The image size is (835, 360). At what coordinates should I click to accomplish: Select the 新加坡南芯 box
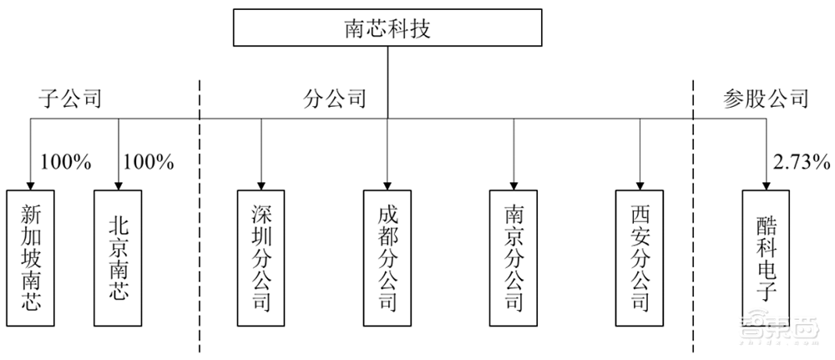[x=30, y=257]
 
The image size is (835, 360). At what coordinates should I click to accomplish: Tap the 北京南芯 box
[x=119, y=257]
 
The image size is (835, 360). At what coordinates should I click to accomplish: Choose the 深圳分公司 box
[x=261, y=257]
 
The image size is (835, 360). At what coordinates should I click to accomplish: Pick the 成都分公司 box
[x=387, y=257]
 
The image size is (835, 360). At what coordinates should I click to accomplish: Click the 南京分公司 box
[x=514, y=257]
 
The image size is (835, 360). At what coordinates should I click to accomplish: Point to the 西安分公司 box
[x=640, y=257]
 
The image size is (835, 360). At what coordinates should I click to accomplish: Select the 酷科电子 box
[x=766, y=257]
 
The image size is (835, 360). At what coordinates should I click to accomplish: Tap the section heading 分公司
[x=334, y=99]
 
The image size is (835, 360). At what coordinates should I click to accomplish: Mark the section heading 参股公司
[x=765, y=99]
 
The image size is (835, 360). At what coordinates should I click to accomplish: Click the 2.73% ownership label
[x=799, y=161]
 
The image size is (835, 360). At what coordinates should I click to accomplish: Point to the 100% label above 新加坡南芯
[x=64, y=161]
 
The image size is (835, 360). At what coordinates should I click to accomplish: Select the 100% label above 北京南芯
[x=148, y=161]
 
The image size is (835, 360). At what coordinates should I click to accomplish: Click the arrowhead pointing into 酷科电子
[x=766, y=185]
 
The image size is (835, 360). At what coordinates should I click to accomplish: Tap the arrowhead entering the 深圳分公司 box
[x=261, y=185]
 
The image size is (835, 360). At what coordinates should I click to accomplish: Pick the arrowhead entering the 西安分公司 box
[x=640, y=185]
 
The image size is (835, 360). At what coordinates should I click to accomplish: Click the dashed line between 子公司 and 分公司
[x=200, y=251]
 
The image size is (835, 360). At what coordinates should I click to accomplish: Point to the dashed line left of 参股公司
[x=695, y=251]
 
